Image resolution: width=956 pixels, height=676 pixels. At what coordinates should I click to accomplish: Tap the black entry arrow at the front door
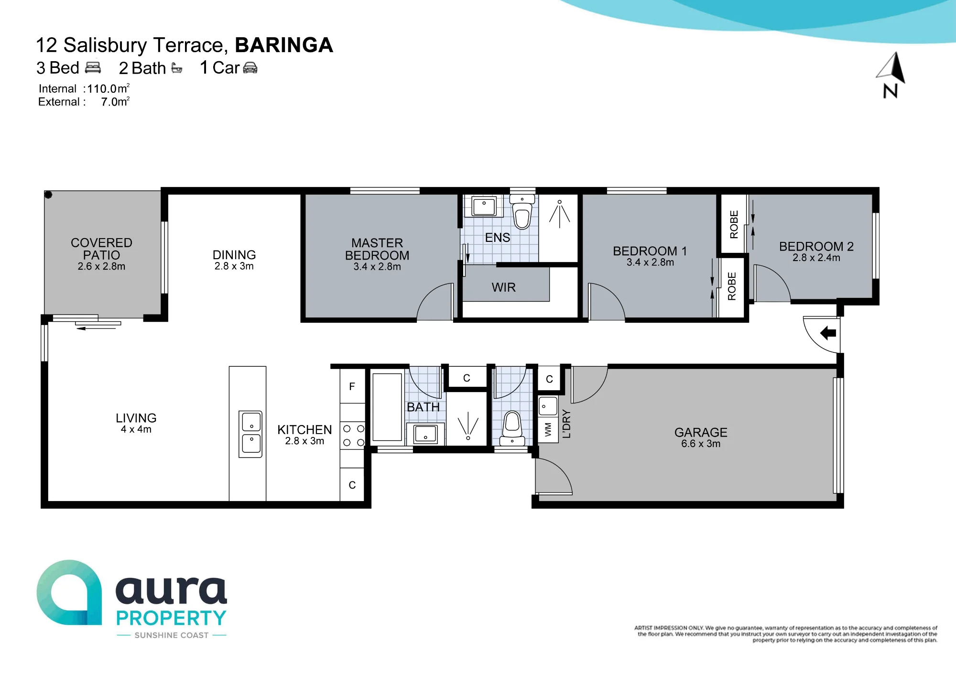click(x=828, y=333)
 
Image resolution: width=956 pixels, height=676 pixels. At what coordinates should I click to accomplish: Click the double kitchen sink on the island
click(x=251, y=434)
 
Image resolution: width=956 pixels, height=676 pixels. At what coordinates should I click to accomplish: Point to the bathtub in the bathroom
click(x=387, y=407)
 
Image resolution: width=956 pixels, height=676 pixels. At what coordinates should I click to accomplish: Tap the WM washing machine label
click(x=548, y=429)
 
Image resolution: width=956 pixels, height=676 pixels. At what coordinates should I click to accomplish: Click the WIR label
click(x=504, y=287)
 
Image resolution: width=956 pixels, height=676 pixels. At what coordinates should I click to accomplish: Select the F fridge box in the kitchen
click(x=352, y=386)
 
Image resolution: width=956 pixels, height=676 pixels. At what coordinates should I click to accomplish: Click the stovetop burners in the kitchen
click(x=353, y=436)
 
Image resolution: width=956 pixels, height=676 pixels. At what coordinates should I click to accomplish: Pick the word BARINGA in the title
click(x=284, y=45)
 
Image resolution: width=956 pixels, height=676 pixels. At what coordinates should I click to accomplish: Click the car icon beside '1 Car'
click(x=250, y=68)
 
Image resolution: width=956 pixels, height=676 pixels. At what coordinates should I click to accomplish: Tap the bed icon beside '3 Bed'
click(x=93, y=67)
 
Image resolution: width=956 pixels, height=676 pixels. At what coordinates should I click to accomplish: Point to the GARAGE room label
click(x=701, y=432)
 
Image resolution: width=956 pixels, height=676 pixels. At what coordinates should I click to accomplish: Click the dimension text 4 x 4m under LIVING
click(x=136, y=429)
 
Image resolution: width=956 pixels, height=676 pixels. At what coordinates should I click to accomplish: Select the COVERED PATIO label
click(x=101, y=249)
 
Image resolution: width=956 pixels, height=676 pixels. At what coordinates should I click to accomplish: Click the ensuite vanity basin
click(x=484, y=207)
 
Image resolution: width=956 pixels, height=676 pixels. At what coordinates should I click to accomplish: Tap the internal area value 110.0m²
click(x=109, y=88)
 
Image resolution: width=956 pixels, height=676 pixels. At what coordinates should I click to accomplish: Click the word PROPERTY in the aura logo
click(x=172, y=618)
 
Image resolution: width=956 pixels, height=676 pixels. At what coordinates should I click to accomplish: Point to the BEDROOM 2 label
click(x=816, y=246)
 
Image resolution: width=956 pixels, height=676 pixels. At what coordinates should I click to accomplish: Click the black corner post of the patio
click(x=48, y=195)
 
